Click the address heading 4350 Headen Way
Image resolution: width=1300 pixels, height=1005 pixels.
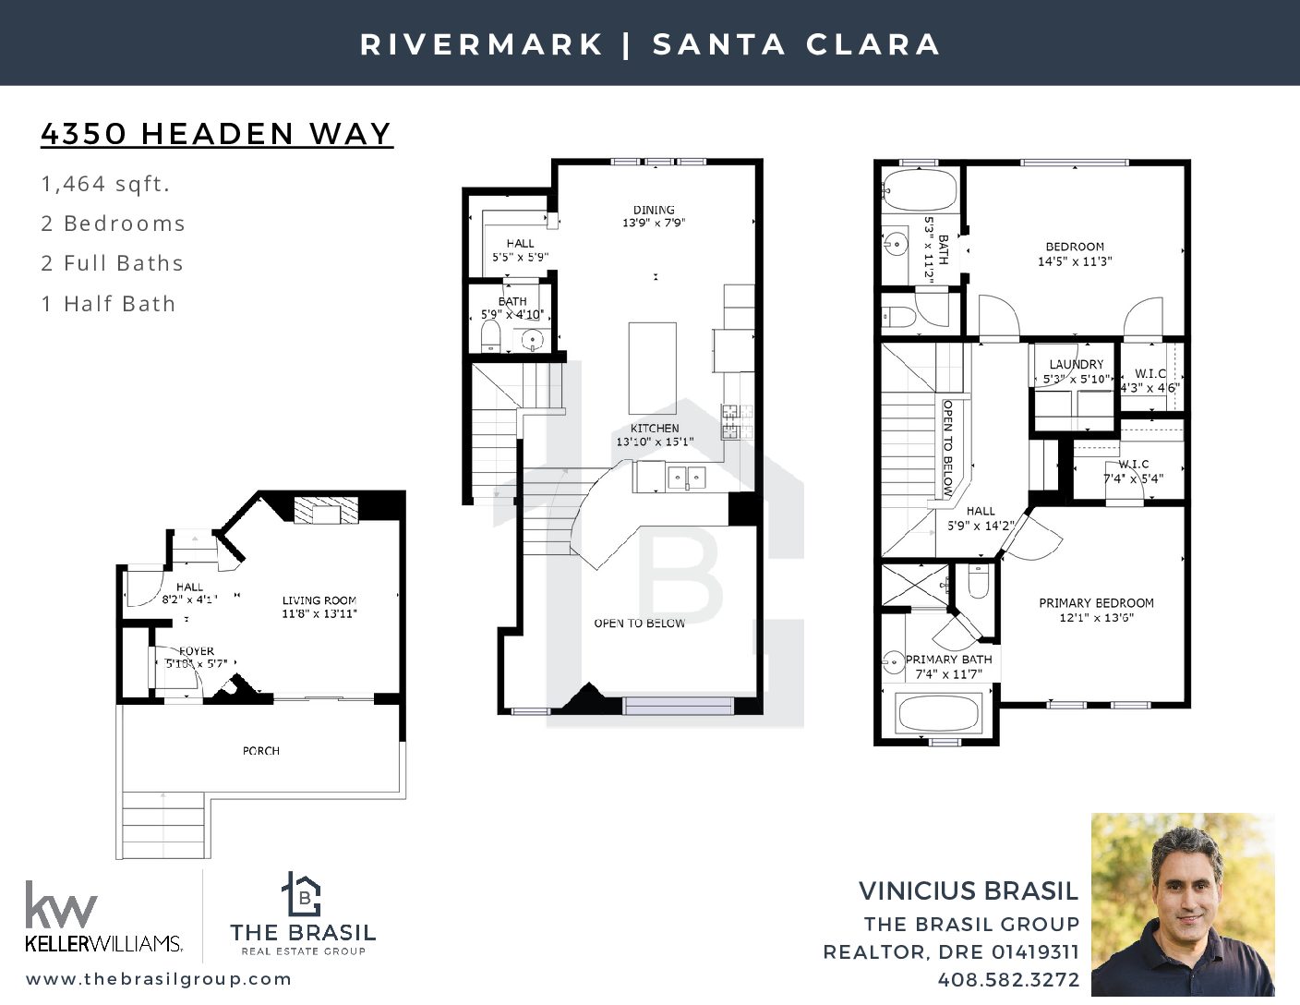point(217,134)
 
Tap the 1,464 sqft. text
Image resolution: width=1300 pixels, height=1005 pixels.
point(105,184)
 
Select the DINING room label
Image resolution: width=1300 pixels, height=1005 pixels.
point(654,210)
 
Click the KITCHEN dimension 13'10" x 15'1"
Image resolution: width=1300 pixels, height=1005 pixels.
point(656,442)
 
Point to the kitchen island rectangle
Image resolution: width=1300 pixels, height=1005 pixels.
point(652,369)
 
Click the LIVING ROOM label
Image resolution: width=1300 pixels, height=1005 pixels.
point(319,600)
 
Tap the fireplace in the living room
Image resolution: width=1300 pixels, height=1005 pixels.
point(326,510)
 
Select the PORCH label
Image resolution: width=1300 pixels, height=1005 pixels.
point(261,751)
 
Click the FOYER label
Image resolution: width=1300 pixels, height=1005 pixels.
point(197,650)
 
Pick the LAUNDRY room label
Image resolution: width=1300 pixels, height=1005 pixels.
point(1077,365)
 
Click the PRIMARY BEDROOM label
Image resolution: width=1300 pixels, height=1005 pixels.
point(1096,603)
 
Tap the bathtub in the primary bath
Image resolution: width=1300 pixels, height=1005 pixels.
point(939,712)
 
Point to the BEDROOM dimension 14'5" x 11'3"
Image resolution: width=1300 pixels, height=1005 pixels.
point(1075,261)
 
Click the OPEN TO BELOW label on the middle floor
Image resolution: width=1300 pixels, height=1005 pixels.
point(640,624)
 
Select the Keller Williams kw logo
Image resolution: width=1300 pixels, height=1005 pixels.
point(61,904)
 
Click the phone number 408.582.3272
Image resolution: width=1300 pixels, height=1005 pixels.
point(1008,979)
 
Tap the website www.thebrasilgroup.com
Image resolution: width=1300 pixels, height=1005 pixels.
point(159,978)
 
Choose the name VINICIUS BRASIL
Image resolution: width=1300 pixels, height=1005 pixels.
point(969,890)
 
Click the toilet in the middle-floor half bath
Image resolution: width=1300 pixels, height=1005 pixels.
point(490,337)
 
